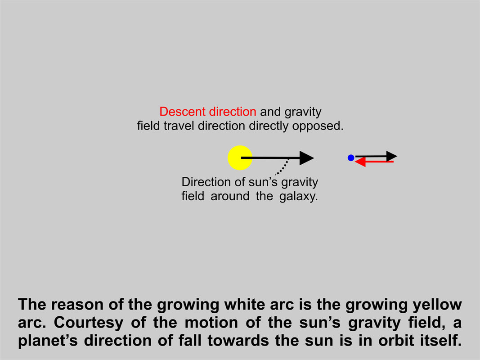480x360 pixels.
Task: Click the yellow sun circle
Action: (240, 157)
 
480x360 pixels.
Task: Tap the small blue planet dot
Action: (351, 157)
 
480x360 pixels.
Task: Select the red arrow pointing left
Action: (374, 162)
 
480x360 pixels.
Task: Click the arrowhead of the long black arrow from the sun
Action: (306, 157)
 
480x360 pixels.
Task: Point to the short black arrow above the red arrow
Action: (376, 156)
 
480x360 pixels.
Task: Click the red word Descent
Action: (183, 112)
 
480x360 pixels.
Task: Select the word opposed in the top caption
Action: (318, 126)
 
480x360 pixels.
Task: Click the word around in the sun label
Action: (229, 196)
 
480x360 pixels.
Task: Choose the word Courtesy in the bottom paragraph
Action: (89, 323)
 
